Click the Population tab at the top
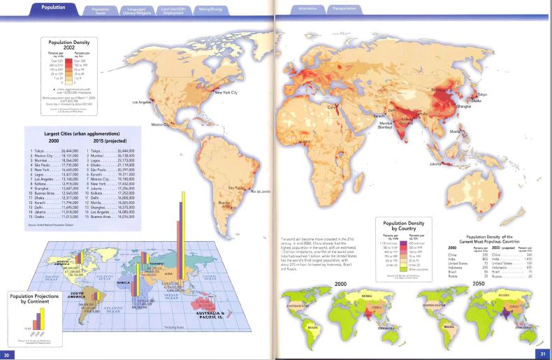pyautogui.click(x=54, y=8)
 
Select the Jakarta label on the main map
pyautogui.click(x=437, y=164)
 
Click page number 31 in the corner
pyautogui.click(x=542, y=354)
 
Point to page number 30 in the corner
pyautogui.click(x=8, y=354)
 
